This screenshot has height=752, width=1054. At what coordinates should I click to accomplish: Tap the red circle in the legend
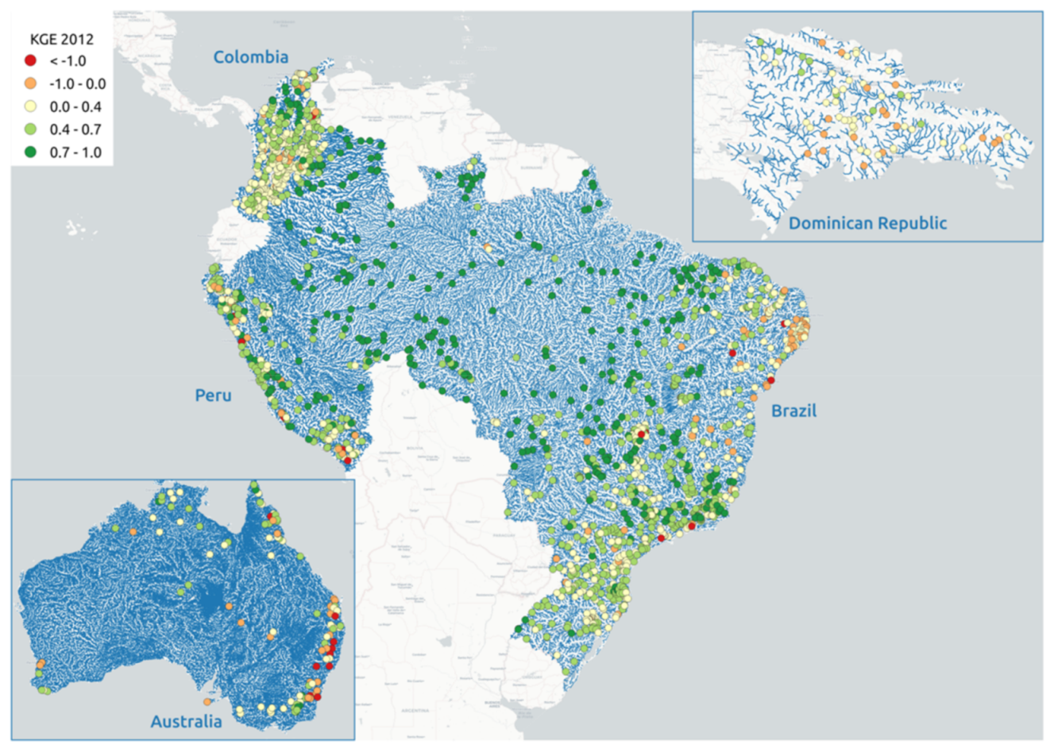coord(31,61)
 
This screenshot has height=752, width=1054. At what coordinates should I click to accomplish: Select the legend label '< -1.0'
coord(68,61)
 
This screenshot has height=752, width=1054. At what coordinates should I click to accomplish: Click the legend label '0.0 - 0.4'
coord(75,107)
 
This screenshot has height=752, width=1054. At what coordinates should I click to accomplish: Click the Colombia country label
coord(250,56)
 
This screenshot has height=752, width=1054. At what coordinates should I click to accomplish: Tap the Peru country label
coord(213,395)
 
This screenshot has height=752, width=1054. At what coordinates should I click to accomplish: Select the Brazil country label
coord(793,410)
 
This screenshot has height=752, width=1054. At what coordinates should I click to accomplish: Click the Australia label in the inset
coord(186,721)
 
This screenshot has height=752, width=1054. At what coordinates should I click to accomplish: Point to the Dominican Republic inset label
coord(867,223)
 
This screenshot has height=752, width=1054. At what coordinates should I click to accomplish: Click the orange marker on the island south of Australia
coord(207,702)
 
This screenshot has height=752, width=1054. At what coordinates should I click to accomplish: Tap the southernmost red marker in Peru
coord(348,461)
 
